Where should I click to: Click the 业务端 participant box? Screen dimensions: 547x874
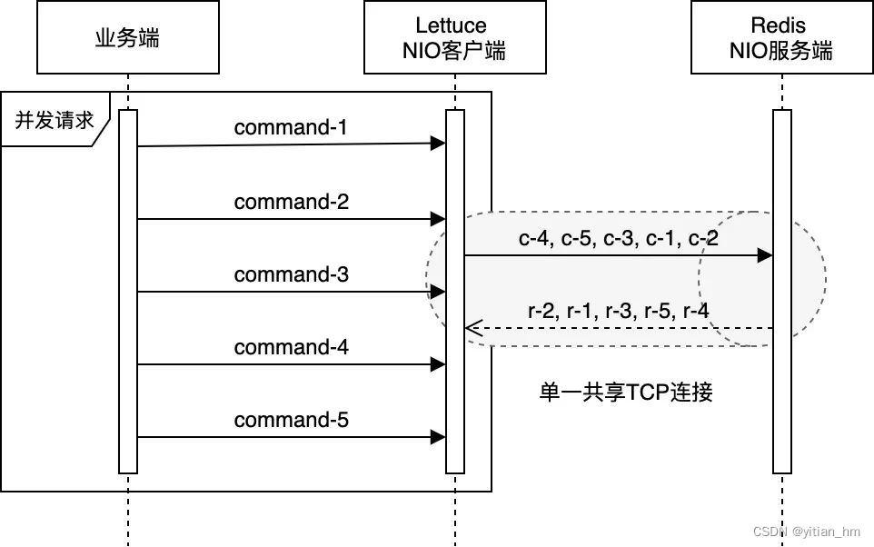click(x=127, y=37)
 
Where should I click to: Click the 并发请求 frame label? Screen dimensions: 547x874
click(x=55, y=119)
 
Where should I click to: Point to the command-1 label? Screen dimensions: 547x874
click(x=291, y=127)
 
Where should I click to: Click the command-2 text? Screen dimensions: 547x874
click(x=291, y=201)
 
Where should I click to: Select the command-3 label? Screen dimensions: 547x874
click(x=291, y=273)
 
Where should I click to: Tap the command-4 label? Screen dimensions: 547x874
click(x=291, y=346)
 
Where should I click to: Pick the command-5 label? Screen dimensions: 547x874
click(x=291, y=419)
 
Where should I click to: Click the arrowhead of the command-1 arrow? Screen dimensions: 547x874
click(x=439, y=143)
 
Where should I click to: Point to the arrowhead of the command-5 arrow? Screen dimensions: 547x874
click(x=439, y=437)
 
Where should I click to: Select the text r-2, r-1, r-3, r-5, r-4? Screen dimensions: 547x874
click(x=618, y=310)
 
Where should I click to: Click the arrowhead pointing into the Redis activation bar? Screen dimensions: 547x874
click(x=765, y=256)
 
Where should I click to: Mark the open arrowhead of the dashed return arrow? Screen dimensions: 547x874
click(x=471, y=328)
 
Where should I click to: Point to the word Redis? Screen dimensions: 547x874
click(x=779, y=25)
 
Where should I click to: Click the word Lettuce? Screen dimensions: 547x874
click(x=452, y=25)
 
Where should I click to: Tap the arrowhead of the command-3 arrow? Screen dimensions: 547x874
click(x=439, y=292)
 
